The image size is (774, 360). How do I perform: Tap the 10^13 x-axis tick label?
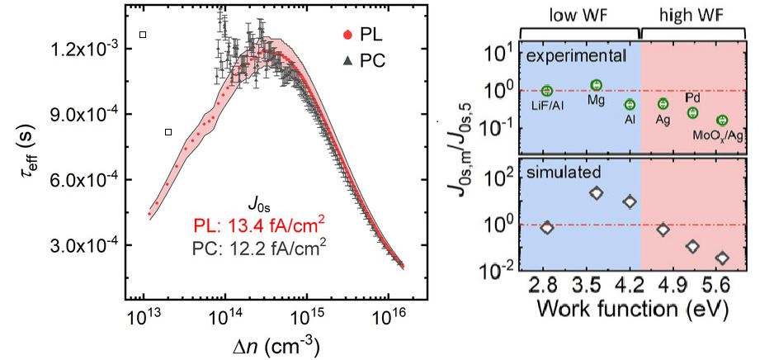[x=144, y=318]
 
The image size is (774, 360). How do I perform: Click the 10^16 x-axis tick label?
[x=388, y=318]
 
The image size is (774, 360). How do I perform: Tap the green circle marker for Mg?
[x=597, y=85]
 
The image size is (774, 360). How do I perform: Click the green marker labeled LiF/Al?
[x=547, y=91]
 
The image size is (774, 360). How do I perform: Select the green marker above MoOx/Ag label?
[x=722, y=121]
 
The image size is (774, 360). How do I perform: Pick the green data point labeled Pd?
[x=693, y=112]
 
